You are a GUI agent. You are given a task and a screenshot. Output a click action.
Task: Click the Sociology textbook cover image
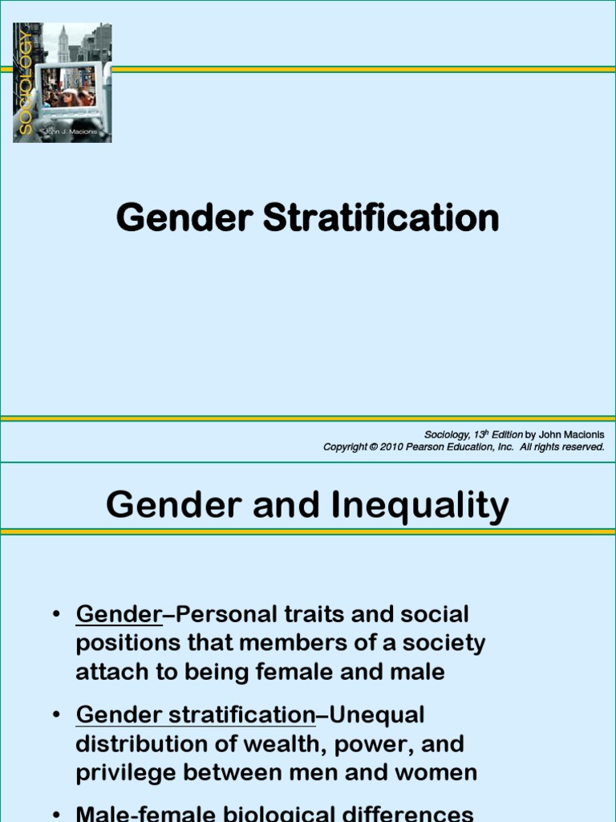pos(63,83)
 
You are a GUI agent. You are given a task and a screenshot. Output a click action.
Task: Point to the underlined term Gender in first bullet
pos(119,615)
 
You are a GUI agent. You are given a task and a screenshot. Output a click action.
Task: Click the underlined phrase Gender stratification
pos(196,714)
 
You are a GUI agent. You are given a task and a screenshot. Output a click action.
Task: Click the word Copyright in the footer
pos(345,447)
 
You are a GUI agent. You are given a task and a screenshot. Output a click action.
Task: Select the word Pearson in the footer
pos(432,447)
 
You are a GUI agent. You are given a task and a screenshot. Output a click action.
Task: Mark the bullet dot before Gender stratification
pos(56,714)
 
